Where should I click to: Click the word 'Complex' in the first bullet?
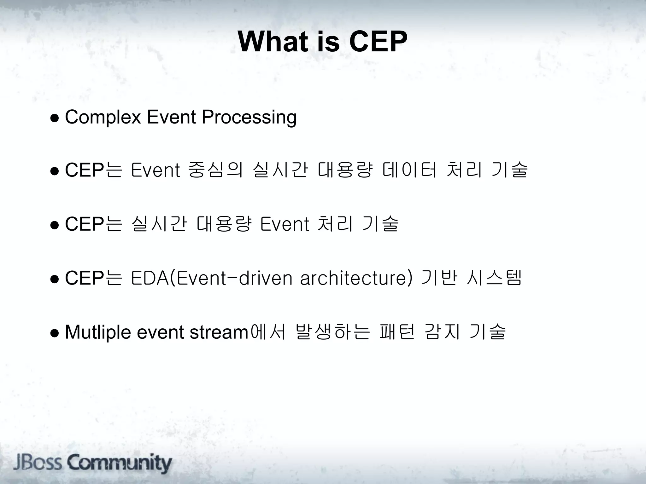click(103, 117)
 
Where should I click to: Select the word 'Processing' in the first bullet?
click(249, 117)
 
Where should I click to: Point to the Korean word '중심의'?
click(215, 170)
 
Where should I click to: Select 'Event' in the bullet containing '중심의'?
click(155, 170)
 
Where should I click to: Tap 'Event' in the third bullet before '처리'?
click(285, 224)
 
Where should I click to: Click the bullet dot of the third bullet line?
click(55, 225)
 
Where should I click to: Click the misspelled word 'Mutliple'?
click(98, 332)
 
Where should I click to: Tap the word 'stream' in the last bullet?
click(219, 332)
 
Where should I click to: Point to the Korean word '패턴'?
click(397, 332)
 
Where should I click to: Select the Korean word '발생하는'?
click(332, 332)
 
